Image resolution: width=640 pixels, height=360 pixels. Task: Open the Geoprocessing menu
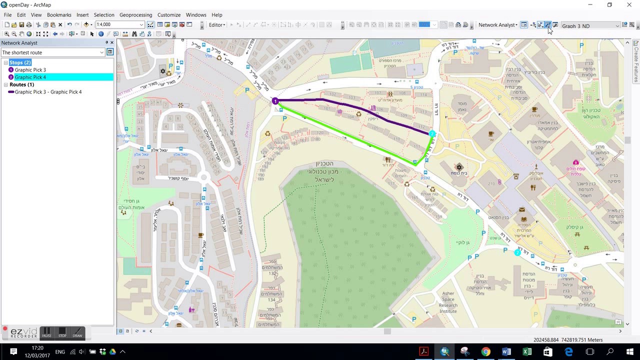[x=135, y=15]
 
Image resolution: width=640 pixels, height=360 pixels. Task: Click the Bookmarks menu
[x=59, y=15]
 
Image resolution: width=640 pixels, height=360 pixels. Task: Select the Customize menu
[x=169, y=15]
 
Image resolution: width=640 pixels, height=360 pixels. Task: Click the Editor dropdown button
[x=217, y=25]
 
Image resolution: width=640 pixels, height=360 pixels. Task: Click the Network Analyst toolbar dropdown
[x=497, y=25]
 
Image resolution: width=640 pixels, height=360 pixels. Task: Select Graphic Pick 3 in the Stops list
[x=30, y=70]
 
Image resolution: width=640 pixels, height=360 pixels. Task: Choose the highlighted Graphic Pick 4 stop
[x=30, y=77]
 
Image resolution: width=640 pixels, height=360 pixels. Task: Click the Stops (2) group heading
[x=20, y=62]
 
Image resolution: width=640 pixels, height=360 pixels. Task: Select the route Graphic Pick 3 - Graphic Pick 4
[x=48, y=92]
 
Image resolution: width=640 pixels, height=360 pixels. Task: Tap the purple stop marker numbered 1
[x=275, y=101]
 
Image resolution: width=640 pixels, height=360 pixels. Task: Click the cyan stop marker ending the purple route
[x=432, y=134]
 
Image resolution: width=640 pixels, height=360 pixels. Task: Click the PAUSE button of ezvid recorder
[x=46, y=333]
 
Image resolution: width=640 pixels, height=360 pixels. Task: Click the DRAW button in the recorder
[x=77, y=333]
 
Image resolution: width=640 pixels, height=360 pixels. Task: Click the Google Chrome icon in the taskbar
[x=485, y=352]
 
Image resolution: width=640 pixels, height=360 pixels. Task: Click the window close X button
[x=629, y=5]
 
